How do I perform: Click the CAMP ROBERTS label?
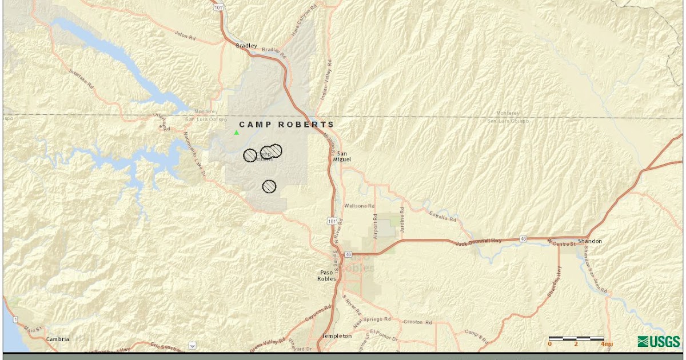point(286,125)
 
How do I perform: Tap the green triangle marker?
point(236,133)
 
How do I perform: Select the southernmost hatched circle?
point(269,186)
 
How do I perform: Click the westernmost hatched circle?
point(250,155)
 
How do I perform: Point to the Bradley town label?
point(247,46)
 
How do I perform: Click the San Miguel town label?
point(342,157)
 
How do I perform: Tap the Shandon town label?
point(590,241)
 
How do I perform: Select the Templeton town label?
point(337,336)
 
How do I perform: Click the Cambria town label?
point(58,339)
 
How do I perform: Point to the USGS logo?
point(659,341)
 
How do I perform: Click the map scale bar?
point(576,338)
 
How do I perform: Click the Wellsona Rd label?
point(360,206)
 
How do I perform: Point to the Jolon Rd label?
point(186,35)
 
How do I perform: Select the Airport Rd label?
point(375,227)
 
